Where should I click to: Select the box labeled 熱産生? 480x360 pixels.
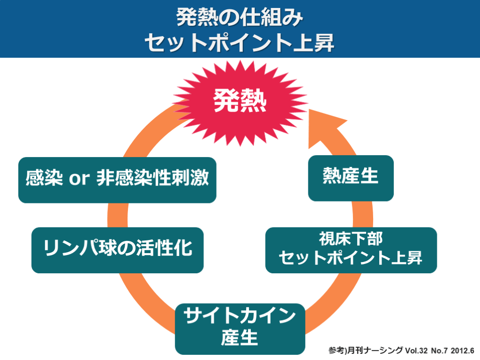351,178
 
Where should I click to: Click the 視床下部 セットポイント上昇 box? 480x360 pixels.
351,250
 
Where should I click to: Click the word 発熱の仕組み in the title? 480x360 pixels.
240,17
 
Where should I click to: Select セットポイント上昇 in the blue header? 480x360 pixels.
240,43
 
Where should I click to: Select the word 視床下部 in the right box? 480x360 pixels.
351,240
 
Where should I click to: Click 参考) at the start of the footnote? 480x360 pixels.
336,350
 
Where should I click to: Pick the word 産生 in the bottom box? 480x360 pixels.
240,337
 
